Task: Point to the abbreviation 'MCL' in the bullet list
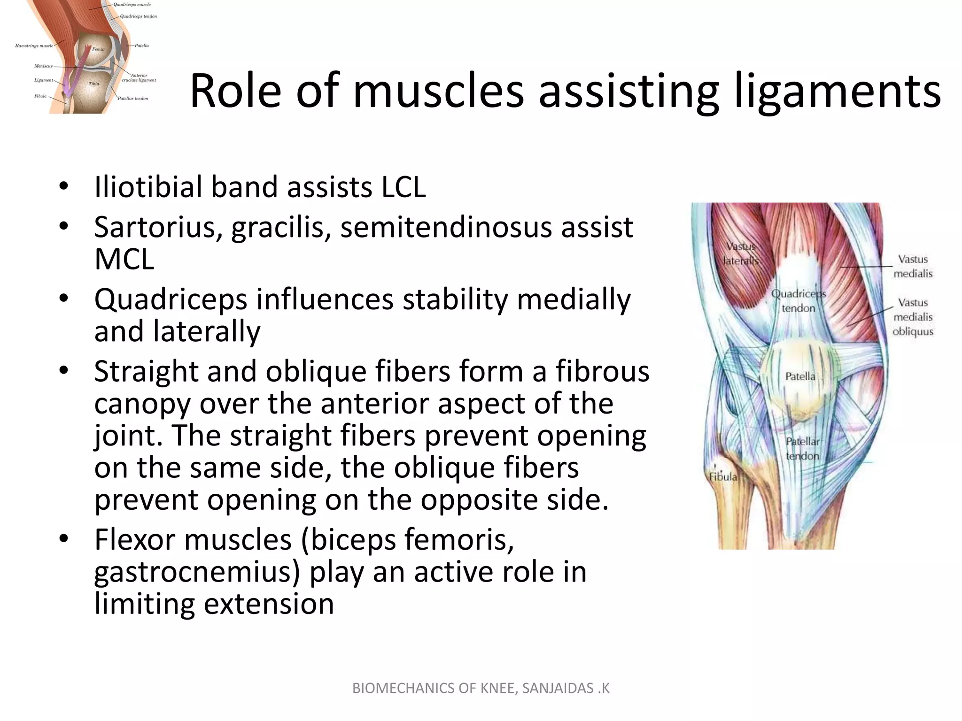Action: click(124, 259)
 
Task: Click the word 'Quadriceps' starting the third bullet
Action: click(170, 299)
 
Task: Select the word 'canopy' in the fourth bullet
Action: click(141, 404)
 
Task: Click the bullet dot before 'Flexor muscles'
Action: click(64, 539)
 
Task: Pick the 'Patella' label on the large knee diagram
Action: click(800, 376)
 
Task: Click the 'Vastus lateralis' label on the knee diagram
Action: click(741, 253)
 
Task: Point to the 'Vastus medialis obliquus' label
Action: click(913, 317)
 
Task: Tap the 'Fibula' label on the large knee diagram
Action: click(723, 477)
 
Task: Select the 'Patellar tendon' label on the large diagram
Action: click(802, 448)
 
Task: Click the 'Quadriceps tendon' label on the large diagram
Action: click(798, 301)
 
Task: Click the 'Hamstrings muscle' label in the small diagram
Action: click(34, 46)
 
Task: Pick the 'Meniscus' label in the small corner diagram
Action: click(43, 66)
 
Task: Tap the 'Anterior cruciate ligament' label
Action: click(139, 78)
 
